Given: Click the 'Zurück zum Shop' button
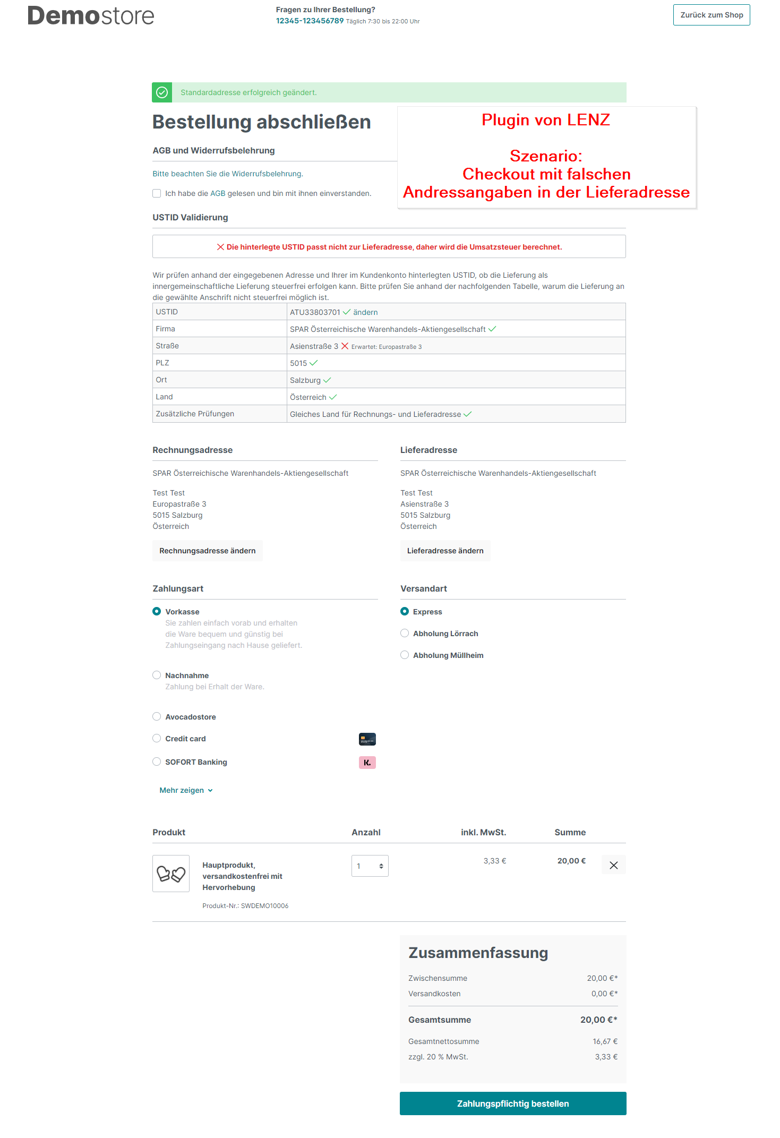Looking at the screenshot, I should coord(711,15).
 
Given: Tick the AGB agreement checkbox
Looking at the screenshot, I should coord(157,193).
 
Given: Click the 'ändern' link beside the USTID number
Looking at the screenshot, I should coord(365,312).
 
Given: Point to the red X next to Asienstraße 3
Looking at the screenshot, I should coord(345,346).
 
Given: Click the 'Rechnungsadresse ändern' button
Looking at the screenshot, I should coord(207,551).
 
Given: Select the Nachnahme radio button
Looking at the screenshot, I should coord(157,675).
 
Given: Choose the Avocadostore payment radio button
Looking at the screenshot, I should coord(157,716).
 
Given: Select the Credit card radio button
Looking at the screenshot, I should coord(157,738).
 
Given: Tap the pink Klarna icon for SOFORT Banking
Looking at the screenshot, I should coord(367,763).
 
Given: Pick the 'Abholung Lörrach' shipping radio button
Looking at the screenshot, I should coord(405,633).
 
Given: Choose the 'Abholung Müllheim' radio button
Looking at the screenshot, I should coord(405,655).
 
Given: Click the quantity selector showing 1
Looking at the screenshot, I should coord(370,866).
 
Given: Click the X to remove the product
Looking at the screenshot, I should coord(613,865).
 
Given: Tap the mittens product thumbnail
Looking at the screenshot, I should coord(171,874).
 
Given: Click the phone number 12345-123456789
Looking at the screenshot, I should coord(310,21).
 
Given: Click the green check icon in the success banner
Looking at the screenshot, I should coord(162,92).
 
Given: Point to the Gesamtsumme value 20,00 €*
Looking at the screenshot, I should coord(598,1020).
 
